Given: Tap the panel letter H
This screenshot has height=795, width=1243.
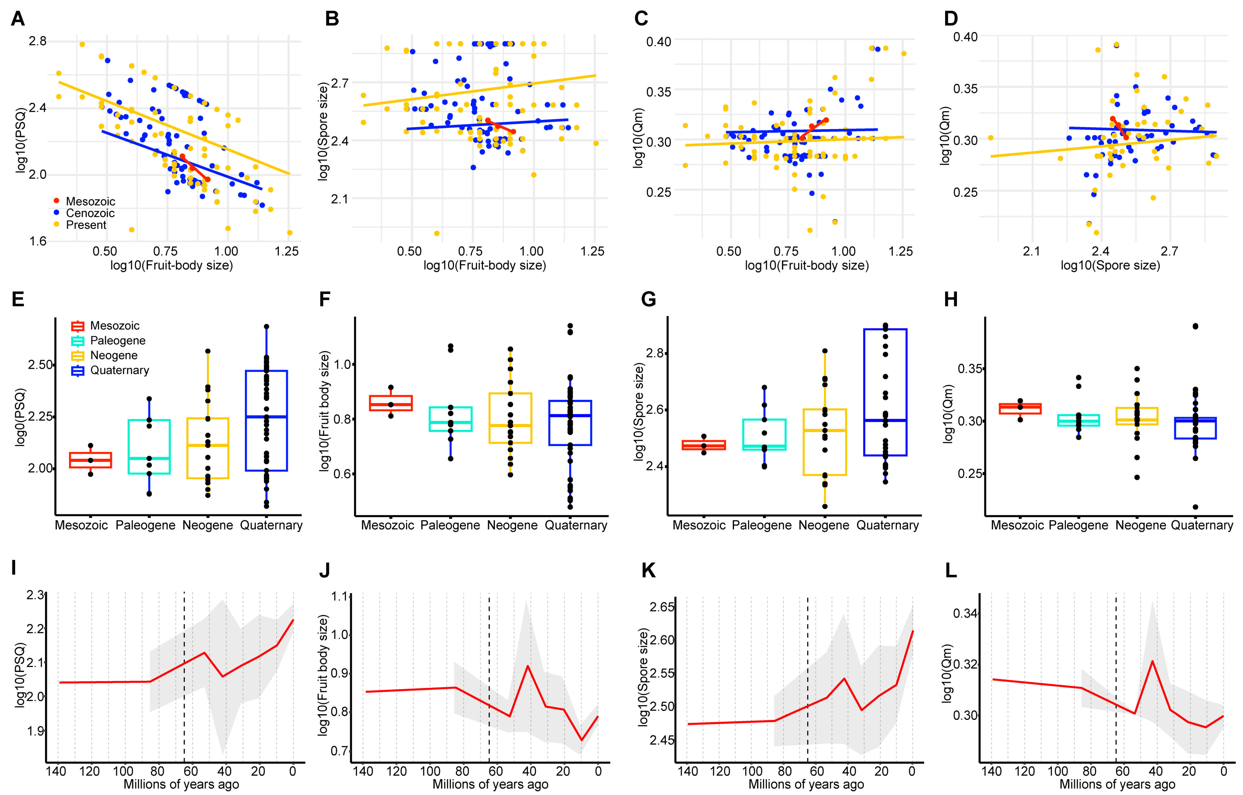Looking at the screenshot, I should [x=951, y=299].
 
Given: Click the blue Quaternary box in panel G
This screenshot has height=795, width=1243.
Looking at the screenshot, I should [x=885, y=392].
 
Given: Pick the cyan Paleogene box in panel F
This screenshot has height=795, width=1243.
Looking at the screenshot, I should [x=451, y=419].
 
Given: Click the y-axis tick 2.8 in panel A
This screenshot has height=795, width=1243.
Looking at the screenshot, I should [x=38, y=41].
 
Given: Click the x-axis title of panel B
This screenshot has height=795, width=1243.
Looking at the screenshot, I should [x=485, y=265].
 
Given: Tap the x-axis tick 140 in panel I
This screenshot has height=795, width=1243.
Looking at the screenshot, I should [x=56, y=771].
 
